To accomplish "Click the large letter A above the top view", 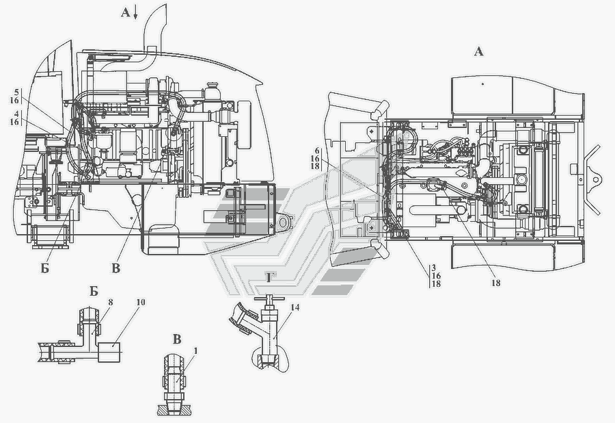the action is pos(478,51).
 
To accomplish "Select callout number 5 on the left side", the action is pos(16,92).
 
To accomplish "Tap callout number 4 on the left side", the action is pos(16,114).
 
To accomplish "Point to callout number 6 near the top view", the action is pos(317,151).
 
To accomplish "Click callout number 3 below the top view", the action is pos(434,268).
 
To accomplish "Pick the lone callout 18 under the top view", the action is pos(496,283).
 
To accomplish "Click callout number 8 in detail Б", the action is pos(110,303).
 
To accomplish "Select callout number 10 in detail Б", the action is pos(141,302).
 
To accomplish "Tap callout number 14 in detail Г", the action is pos(295,307).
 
